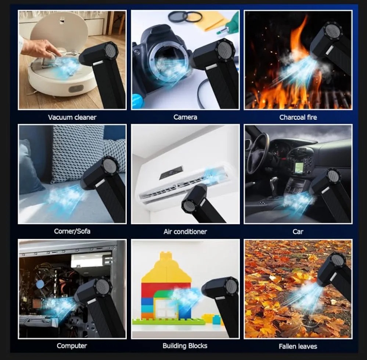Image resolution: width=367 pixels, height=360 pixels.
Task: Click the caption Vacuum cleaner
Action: (72, 117)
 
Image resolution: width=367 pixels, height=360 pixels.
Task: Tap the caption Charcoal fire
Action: (298, 117)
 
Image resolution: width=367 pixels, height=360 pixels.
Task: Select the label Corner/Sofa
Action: (72, 231)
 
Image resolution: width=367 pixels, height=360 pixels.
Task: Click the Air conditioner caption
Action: (185, 232)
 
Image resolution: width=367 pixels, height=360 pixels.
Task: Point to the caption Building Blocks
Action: (185, 346)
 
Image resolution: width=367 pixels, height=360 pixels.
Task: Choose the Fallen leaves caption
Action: (298, 346)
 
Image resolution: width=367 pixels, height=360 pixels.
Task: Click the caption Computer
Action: (72, 346)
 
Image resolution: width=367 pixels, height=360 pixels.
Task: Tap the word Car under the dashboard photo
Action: (298, 232)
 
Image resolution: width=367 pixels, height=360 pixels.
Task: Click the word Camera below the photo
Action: (185, 117)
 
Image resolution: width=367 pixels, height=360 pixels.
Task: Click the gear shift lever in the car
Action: (273, 185)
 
